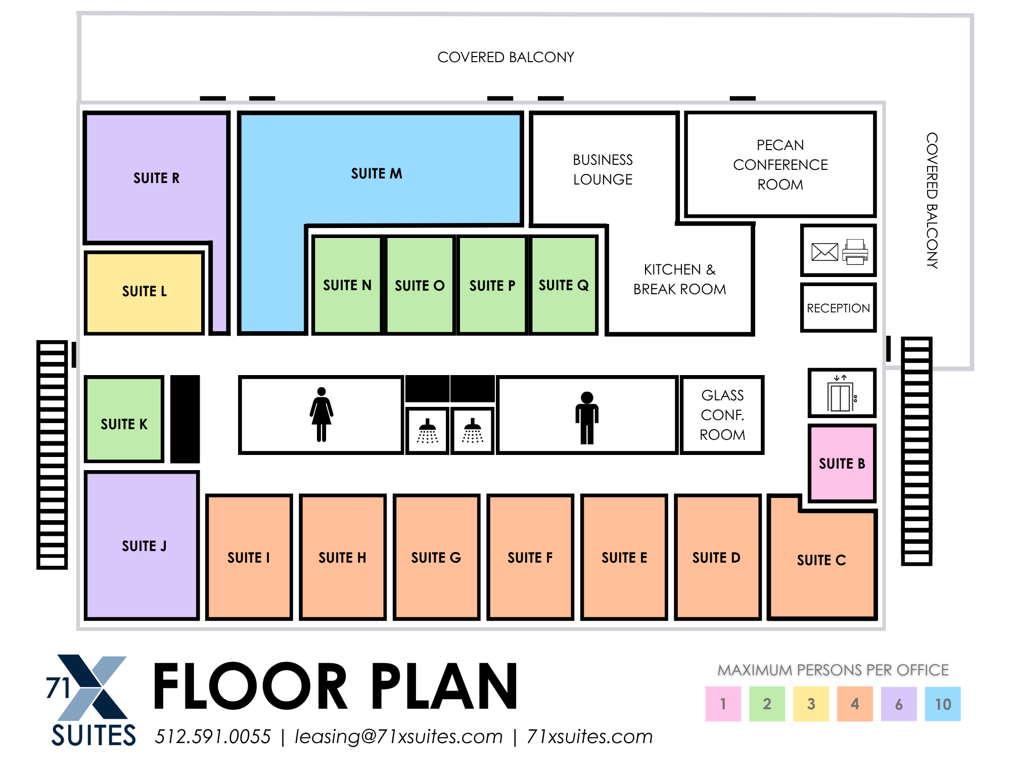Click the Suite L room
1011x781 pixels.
pos(145,293)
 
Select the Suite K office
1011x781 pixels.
pos(124,419)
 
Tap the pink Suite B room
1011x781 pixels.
pos(842,463)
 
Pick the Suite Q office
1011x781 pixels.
pos(564,285)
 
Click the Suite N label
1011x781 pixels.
pos(347,286)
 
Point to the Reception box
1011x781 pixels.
pos(839,308)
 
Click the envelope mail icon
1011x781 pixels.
pos(824,251)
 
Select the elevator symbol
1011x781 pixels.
pos(842,394)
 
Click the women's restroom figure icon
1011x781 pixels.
pos(321,415)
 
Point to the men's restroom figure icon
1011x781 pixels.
pos(587,418)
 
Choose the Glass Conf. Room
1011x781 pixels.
pos(722,415)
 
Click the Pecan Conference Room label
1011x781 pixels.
pos(780,165)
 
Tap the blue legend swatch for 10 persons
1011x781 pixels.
pos(943,704)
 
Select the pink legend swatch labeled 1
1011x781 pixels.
pos(723,704)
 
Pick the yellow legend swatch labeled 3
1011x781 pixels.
pos(811,704)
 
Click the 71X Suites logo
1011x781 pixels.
pos(91,700)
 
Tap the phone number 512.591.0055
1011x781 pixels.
pos(213,737)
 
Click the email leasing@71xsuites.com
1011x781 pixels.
pos(399,737)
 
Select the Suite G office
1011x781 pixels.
pos(437,557)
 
